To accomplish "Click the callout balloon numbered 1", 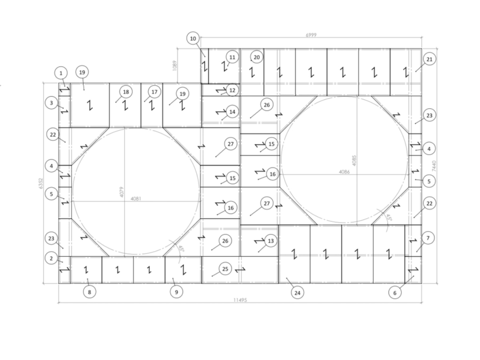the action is click(61, 73).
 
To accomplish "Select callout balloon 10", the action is click(193, 38).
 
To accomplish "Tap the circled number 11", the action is click(233, 57).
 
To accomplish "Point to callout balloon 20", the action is click(257, 57).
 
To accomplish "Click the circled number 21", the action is click(429, 59).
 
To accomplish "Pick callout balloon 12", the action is click(233, 90).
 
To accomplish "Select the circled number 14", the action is click(233, 112).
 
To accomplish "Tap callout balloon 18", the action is click(126, 92).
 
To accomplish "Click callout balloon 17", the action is click(154, 92).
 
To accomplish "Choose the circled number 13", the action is click(270, 241).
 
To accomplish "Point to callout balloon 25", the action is click(225, 269).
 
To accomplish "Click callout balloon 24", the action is click(297, 293).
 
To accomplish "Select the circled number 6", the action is click(395, 293).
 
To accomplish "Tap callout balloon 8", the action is click(90, 292).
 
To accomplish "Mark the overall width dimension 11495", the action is click(240, 300).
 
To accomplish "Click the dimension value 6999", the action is click(311, 35).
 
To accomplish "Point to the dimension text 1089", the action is click(174, 66).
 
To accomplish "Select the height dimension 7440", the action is click(434, 166).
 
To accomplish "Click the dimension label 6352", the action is click(41, 183).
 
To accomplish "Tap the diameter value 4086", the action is click(344, 172).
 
